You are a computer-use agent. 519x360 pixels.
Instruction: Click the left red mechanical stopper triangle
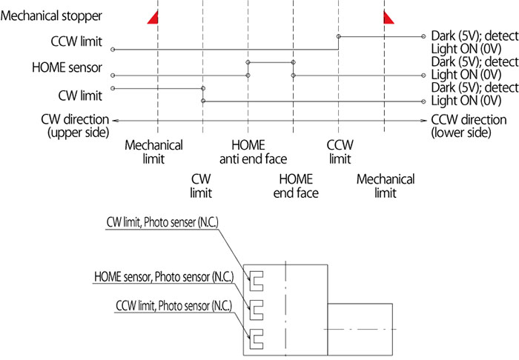(154, 19)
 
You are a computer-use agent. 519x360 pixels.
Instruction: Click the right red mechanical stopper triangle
(388, 19)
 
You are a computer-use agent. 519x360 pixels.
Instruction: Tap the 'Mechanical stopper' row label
(51, 16)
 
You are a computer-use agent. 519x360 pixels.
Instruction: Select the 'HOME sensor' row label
(67, 67)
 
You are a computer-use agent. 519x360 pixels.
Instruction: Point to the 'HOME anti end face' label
(254, 152)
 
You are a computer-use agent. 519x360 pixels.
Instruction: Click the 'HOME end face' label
(296, 186)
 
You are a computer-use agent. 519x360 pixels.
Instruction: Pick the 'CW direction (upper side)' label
(76, 126)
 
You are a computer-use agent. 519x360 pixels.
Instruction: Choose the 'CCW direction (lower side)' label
(469, 126)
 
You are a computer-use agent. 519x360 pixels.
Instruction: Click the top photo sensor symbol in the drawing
(251, 281)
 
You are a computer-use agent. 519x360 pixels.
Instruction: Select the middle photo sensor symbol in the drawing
(251, 310)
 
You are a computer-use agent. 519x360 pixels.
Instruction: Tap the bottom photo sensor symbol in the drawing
(251, 339)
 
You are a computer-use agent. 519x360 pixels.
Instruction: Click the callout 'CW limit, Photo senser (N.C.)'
(162, 222)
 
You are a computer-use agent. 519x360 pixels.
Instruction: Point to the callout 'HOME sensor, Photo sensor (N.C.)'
(164, 277)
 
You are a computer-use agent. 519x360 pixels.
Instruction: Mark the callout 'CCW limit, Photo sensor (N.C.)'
(173, 306)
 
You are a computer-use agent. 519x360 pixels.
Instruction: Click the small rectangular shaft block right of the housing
(360, 329)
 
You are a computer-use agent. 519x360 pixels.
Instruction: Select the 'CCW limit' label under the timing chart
(340, 152)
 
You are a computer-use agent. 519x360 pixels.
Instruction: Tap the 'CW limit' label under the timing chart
(201, 186)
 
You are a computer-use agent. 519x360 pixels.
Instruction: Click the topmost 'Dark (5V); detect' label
(475, 36)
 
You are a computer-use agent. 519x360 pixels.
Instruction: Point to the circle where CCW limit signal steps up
(339, 36)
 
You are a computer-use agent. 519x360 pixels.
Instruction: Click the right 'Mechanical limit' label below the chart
(386, 186)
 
